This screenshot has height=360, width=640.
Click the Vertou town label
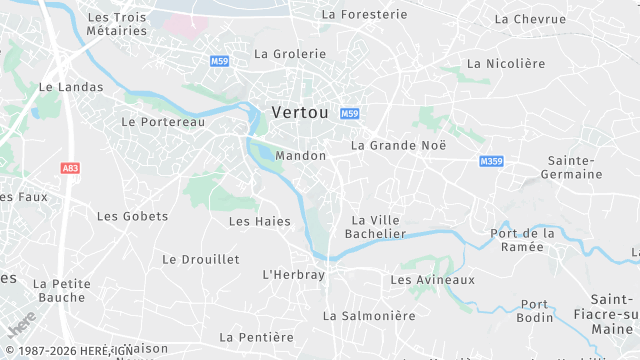pos(300,113)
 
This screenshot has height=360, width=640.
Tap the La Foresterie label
pos(364,14)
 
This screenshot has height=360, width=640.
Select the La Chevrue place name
pos(531,19)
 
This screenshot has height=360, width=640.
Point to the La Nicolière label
pos(506,63)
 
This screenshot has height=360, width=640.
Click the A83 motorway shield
pos(70,169)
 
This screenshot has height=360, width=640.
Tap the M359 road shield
pos(491,161)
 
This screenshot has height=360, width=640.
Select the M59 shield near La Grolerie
pos(220,61)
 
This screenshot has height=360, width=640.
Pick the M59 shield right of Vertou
pos(349,114)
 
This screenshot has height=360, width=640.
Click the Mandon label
pos(300,156)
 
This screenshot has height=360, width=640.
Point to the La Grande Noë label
pos(398,145)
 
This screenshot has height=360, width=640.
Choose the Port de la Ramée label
pos(522,240)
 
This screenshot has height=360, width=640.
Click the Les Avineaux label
pos(432,280)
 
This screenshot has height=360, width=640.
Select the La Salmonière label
pos(368,315)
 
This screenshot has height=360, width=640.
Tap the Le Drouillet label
pos(201,259)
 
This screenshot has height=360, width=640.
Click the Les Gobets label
pos(132,216)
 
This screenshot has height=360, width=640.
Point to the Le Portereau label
pos(162,121)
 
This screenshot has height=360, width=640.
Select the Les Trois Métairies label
pos(116,24)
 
